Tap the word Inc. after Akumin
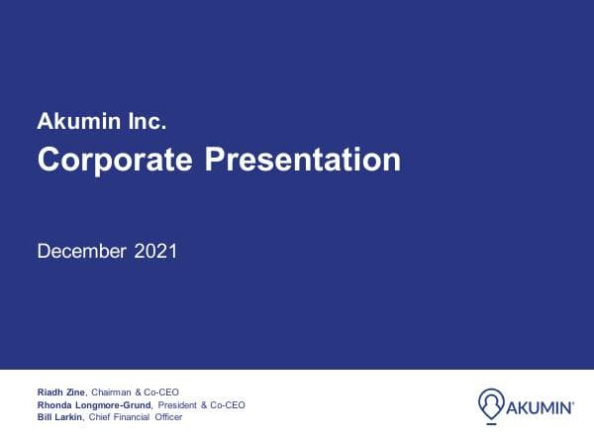point(146,123)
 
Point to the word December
point(80,251)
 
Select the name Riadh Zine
point(60,392)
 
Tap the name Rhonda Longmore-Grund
point(94,404)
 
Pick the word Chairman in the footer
point(110,392)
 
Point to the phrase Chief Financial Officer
point(137,416)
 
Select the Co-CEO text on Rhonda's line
point(227,404)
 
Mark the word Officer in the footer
point(167,416)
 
